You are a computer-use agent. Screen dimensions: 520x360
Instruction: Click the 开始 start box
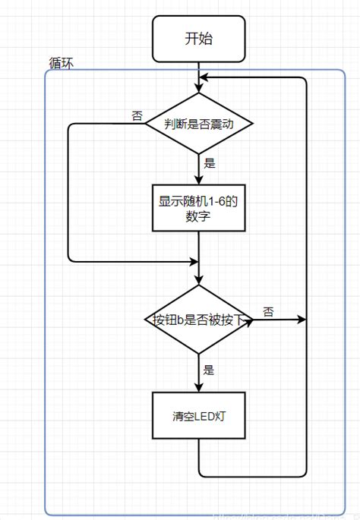(x=198, y=39)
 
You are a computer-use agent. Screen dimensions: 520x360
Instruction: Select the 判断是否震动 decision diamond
(x=198, y=123)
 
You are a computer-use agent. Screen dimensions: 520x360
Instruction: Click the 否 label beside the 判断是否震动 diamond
(x=137, y=115)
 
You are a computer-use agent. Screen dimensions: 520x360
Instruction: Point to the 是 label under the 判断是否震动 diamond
(x=209, y=162)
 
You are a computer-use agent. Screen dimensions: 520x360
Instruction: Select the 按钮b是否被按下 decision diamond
(x=198, y=320)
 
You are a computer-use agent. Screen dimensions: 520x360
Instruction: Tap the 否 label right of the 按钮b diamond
(x=269, y=312)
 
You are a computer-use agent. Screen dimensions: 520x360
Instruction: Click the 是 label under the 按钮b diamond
(x=209, y=370)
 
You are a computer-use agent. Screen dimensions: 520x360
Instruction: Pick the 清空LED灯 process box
(x=198, y=415)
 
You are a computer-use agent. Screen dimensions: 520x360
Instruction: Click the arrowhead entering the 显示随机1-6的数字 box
(x=198, y=181)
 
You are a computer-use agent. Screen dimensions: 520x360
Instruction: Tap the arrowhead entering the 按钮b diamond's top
(x=198, y=280)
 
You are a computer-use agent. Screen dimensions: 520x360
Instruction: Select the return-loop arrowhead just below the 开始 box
(x=204, y=77)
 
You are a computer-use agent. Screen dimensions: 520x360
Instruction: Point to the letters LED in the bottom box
(x=202, y=416)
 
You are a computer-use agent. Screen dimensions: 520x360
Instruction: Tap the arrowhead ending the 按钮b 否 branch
(x=302, y=320)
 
